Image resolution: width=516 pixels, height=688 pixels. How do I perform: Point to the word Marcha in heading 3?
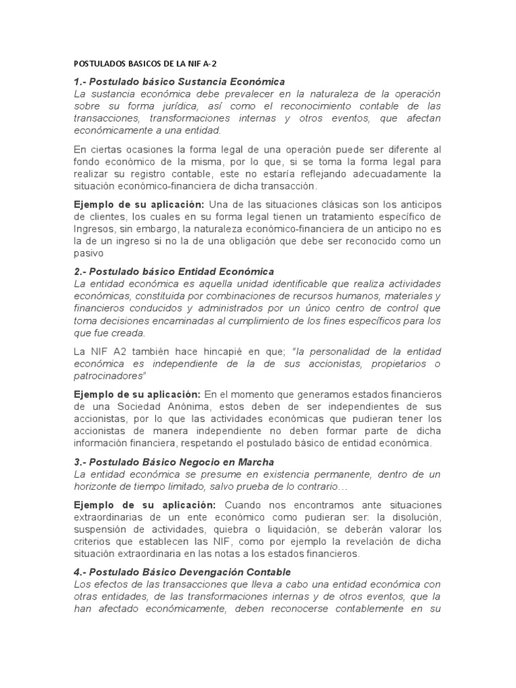pos(254,462)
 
